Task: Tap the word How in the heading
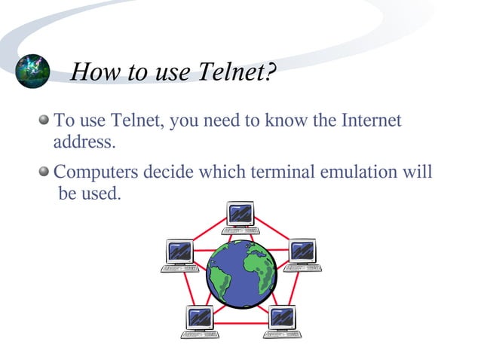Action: pyautogui.click(x=96, y=73)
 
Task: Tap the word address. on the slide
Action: pyautogui.click(x=84, y=141)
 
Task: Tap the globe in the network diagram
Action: pyautogui.click(x=241, y=273)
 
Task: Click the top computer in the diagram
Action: pyautogui.click(x=241, y=217)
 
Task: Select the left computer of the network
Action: pyautogui.click(x=180, y=256)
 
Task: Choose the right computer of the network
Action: pyautogui.click(x=303, y=255)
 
